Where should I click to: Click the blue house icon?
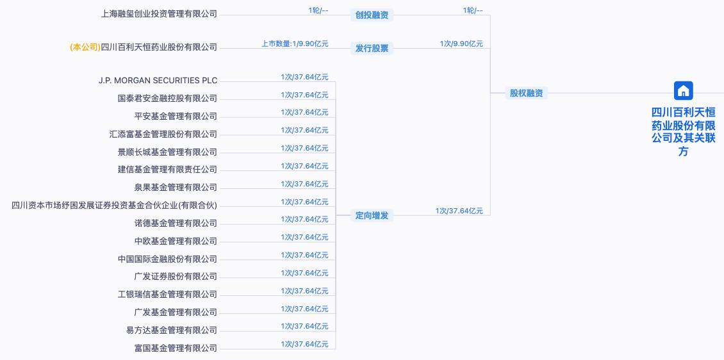click(x=684, y=90)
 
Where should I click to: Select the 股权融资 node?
click(x=526, y=93)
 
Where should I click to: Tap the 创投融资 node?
click(x=372, y=15)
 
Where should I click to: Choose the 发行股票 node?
click(x=372, y=48)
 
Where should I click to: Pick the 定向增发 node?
click(x=372, y=215)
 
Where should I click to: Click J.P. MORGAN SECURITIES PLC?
click(x=158, y=80)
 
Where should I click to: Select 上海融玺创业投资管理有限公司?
click(x=160, y=14)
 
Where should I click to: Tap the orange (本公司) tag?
click(x=85, y=47)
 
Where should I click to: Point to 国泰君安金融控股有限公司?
click(x=168, y=98)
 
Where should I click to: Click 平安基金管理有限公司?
click(x=176, y=117)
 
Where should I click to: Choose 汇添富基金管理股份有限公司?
click(x=163, y=135)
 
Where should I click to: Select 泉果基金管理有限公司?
click(x=176, y=188)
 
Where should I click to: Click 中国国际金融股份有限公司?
click(x=168, y=259)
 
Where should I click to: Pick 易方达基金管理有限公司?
click(x=172, y=331)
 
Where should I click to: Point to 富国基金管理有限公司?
click(x=176, y=348)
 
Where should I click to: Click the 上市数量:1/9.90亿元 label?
click(x=295, y=44)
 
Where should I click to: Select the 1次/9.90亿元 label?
click(x=461, y=44)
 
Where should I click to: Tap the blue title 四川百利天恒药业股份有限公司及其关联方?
click(x=684, y=131)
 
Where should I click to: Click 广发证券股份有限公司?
click(x=176, y=277)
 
